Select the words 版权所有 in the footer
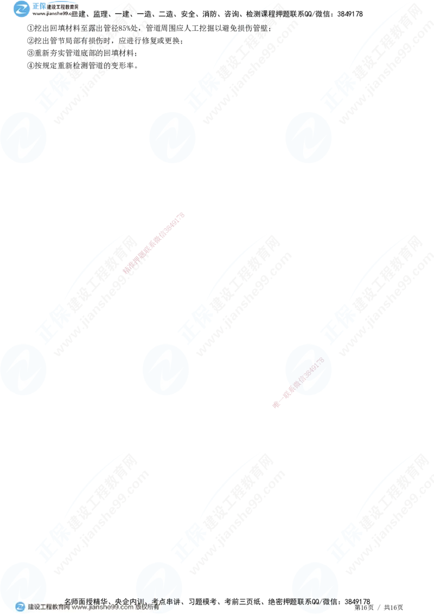pos(148,607)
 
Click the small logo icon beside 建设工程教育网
pos(20,607)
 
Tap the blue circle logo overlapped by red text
pos(307,369)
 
